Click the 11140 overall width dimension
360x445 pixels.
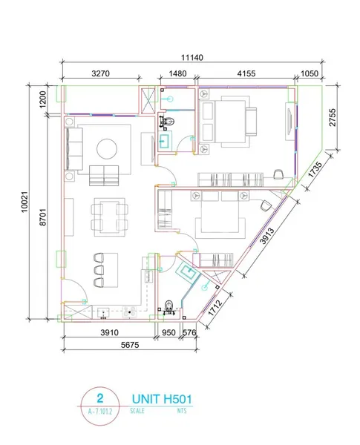192,56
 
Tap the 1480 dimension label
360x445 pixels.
177,73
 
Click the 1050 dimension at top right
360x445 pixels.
309,73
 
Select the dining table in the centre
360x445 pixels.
108,215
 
